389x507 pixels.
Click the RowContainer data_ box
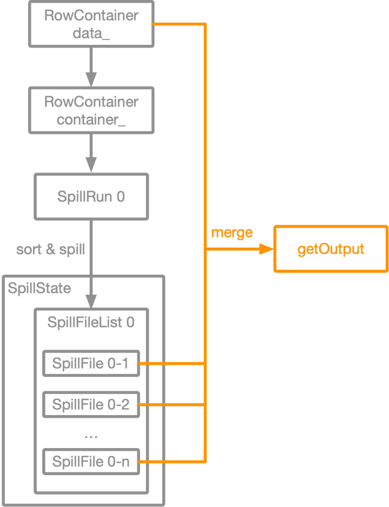tap(91, 24)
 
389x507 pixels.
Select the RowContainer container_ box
tap(91, 110)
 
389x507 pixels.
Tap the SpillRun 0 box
tap(91, 196)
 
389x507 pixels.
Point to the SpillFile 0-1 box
tap(91, 364)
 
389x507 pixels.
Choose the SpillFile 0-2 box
tap(91, 404)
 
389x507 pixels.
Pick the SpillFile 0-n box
tap(91, 462)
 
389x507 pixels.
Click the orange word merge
tap(232, 233)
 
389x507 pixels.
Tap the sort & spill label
tap(51, 250)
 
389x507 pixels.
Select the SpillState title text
tap(39, 288)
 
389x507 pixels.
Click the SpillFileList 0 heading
tap(91, 323)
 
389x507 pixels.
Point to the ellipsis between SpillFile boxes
tap(91, 435)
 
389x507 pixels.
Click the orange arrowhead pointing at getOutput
tap(266, 249)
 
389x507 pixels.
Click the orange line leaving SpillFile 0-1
tap(173, 364)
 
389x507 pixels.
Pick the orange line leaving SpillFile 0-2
tap(173, 404)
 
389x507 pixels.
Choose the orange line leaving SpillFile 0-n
tap(173, 462)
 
